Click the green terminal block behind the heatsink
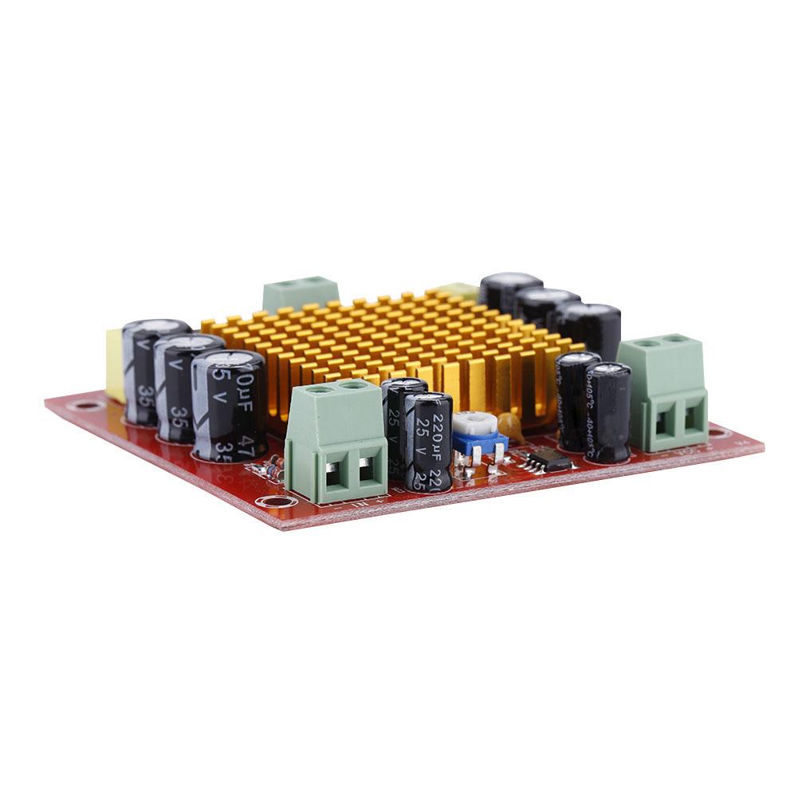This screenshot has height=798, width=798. point(300,293)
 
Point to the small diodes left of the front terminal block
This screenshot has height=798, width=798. point(274,467)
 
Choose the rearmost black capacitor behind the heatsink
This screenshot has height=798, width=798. point(509,292)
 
